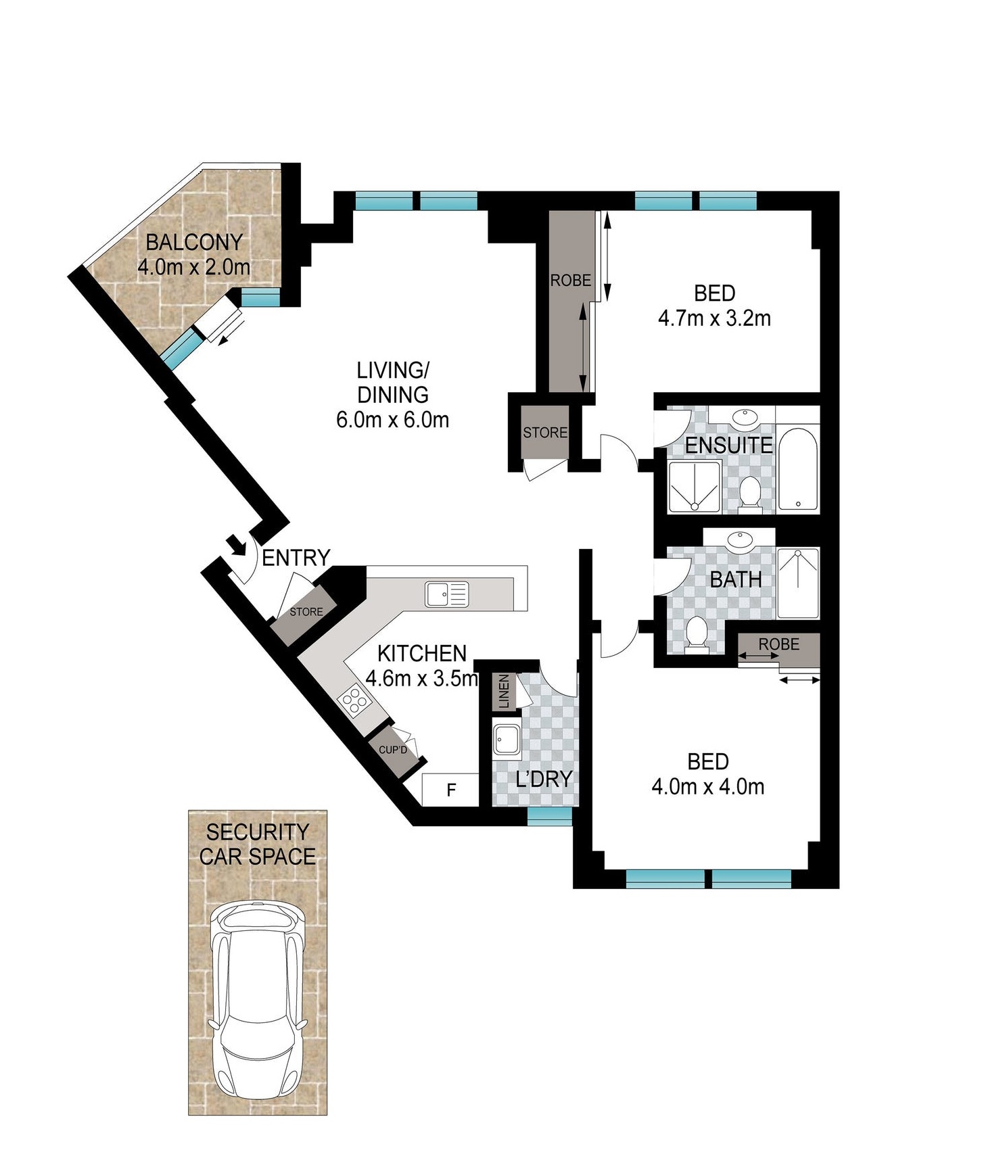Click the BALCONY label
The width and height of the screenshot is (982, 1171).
[x=194, y=242]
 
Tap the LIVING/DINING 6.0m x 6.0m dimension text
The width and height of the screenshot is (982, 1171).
[x=393, y=420]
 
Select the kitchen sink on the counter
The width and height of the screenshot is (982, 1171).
[x=446, y=594]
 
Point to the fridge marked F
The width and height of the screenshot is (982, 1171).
[x=450, y=789]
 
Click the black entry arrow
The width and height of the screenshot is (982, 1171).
[x=236, y=544]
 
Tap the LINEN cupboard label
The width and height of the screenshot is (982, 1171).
[x=503, y=691]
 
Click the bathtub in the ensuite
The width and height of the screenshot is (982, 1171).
[x=798, y=468]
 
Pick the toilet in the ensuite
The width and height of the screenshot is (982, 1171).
[x=749, y=491]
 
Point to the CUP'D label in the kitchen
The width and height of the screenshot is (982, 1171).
[x=393, y=750]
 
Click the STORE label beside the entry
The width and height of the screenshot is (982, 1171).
[x=306, y=612]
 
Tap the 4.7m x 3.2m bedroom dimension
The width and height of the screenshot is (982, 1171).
[x=715, y=318]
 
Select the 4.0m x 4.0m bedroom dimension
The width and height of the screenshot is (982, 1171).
[x=708, y=787]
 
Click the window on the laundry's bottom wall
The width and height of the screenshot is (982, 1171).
[x=550, y=817]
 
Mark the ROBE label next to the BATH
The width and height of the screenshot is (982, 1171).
[x=778, y=644]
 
